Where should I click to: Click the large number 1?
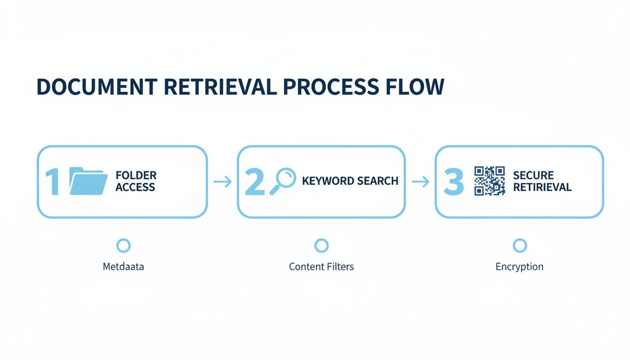pos(52,182)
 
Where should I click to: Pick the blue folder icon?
pos(88,181)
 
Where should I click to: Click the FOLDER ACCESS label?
pos(136,181)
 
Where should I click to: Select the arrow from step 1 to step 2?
pos(223,182)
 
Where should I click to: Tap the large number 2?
pos(255,182)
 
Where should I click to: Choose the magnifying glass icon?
pos(283,180)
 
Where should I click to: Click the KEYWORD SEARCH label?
pos(350,181)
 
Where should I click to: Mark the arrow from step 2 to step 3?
pos(420,182)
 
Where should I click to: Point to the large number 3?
pos(453,182)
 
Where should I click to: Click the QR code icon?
pos(489,180)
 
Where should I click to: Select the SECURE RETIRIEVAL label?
pos(542,181)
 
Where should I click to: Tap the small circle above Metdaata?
pos(123,245)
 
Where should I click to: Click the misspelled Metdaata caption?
pos(123,267)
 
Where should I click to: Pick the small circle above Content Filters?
pos(322,245)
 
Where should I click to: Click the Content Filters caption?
pos(322,267)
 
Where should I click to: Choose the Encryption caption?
pos(519,267)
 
